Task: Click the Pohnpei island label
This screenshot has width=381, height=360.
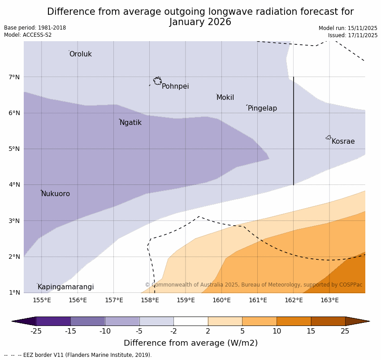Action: (175, 86)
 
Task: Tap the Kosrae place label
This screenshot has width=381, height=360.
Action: (343, 141)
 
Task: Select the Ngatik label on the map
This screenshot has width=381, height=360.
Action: (130, 123)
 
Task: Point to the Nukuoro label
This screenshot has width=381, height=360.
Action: (56, 194)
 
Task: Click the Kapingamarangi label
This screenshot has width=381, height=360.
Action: (65, 287)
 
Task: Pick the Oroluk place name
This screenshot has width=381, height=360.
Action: (80, 54)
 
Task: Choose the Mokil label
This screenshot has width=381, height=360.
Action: (225, 98)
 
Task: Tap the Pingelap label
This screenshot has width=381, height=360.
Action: (262, 108)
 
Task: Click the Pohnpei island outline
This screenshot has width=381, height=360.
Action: (157, 81)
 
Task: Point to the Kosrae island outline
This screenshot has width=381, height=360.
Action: (329, 137)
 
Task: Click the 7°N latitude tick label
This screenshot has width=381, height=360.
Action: (14, 77)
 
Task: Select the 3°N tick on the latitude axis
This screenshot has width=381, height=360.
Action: (14, 221)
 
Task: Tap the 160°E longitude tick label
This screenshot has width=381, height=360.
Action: (221, 300)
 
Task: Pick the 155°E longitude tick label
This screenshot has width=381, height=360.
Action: (42, 300)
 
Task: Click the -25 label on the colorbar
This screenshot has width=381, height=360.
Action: (36, 331)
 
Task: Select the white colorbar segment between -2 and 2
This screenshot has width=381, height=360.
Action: (190, 321)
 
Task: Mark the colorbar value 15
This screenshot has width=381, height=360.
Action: (311, 331)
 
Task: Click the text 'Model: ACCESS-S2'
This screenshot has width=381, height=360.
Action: (28, 35)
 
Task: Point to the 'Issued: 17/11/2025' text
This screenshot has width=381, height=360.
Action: (352, 35)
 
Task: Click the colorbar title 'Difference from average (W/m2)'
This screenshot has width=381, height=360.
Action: (190, 343)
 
